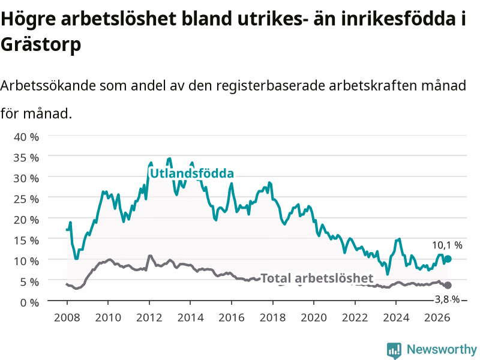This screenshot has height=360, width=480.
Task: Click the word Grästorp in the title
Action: click(x=41, y=44)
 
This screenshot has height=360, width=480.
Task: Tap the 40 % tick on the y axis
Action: click(x=26, y=137)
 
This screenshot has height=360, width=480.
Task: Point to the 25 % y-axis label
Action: click(x=26, y=199)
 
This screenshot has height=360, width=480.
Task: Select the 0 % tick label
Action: click(x=29, y=302)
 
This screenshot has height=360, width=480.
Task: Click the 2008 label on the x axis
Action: click(x=67, y=317)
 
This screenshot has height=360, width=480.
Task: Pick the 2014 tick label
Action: click(x=190, y=317)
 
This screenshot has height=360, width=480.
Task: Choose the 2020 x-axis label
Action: click(x=314, y=317)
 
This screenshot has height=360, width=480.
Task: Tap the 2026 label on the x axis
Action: click(x=437, y=317)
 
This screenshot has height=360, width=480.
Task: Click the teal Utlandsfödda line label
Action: click(x=192, y=173)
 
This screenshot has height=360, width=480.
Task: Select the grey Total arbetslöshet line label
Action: click(x=317, y=278)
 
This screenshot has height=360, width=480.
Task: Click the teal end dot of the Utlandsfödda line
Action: click(x=448, y=259)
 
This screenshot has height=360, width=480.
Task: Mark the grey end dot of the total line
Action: click(x=448, y=286)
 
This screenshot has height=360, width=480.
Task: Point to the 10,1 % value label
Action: click(x=447, y=245)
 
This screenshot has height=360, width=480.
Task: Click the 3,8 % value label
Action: click(x=447, y=299)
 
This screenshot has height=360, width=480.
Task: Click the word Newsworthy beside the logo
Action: click(x=442, y=349)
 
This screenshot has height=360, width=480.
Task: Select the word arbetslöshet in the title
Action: click(x=119, y=19)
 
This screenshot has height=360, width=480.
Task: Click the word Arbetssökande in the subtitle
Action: click(x=48, y=85)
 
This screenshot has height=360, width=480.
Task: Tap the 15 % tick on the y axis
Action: click(x=26, y=241)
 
